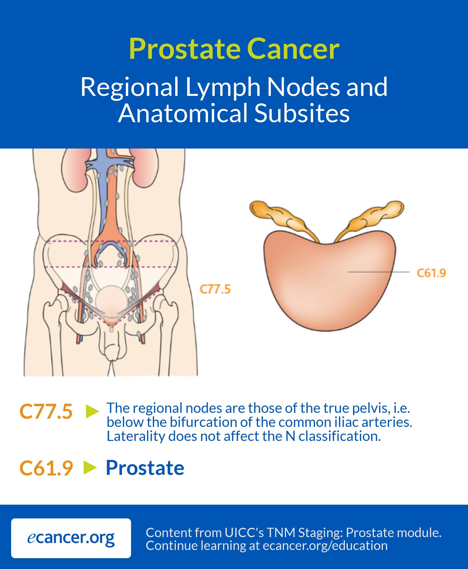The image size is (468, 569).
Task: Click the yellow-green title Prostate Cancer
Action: pos(234,49)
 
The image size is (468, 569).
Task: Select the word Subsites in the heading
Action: pos(302,113)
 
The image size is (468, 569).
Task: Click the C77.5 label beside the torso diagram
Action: pos(215,289)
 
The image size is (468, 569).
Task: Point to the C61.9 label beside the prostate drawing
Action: pos(431,273)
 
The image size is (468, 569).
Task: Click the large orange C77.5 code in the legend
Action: pos(46,412)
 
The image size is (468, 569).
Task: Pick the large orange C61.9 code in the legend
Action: pos(46,468)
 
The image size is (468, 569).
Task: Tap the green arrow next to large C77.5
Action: pos(92,411)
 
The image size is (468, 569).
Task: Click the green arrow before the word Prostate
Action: pos(90,467)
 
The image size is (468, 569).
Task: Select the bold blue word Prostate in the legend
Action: pos(145,468)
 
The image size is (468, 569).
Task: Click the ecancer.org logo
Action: pos(71,538)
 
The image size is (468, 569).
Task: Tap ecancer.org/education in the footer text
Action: pos(325,546)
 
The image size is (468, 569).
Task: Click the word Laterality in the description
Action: pos(136,436)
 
